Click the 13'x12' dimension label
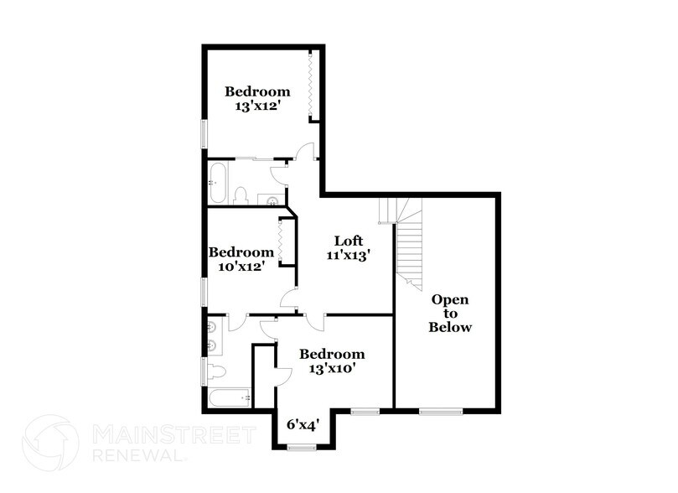(x=257, y=106)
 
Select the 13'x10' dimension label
(x=333, y=369)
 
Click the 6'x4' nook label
(x=303, y=424)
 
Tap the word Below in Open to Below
(x=450, y=327)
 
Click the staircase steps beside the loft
(x=407, y=242)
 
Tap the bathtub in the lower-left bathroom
(x=225, y=397)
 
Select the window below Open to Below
(x=441, y=411)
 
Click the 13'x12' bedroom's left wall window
(x=203, y=134)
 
